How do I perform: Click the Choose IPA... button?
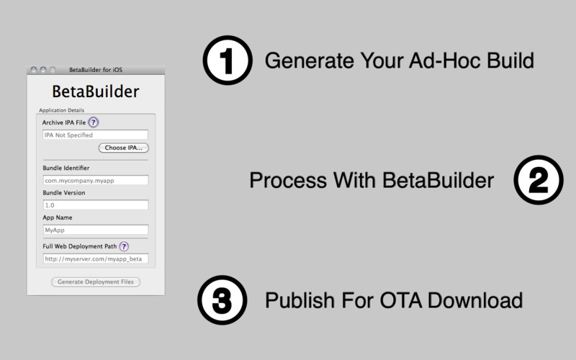pyautogui.click(x=123, y=148)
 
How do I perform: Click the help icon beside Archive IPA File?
pyautogui.click(x=94, y=122)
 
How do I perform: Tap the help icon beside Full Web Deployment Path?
pyautogui.click(x=124, y=246)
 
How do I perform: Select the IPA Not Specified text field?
pyautogui.click(x=95, y=135)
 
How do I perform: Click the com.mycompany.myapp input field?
pyautogui.click(x=96, y=181)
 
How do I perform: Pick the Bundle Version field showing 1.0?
pyautogui.click(x=96, y=205)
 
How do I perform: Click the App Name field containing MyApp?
pyautogui.click(x=96, y=230)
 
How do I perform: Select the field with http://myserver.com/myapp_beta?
pyautogui.click(x=96, y=258)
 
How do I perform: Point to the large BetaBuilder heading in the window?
pyautogui.click(x=96, y=91)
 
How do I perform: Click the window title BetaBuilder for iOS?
pyautogui.click(x=96, y=69)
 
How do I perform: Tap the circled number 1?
pyautogui.click(x=228, y=60)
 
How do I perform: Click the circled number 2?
pyautogui.click(x=539, y=180)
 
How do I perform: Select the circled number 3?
pyautogui.click(x=222, y=300)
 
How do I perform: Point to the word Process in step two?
pyautogui.click(x=288, y=181)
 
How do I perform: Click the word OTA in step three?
pyautogui.click(x=401, y=300)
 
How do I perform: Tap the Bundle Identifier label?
pyautogui.click(x=66, y=168)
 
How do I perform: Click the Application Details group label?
pyautogui.click(x=62, y=110)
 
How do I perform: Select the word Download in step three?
pyautogui.click(x=475, y=300)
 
